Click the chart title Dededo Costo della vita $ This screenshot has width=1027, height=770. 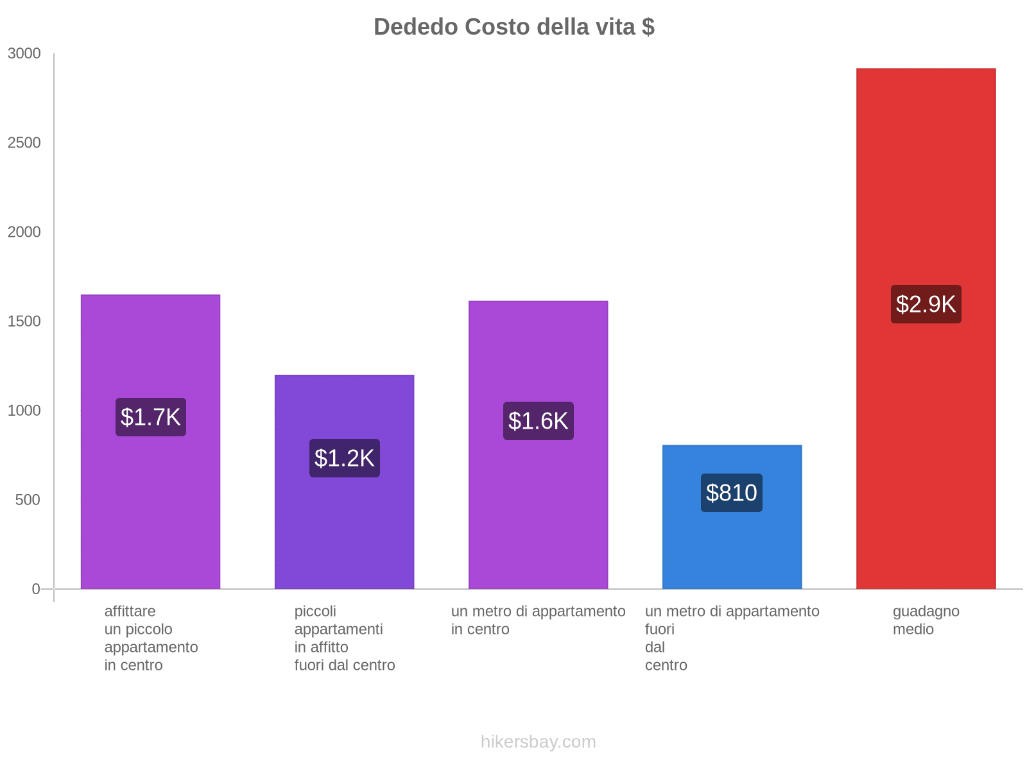pos(513,27)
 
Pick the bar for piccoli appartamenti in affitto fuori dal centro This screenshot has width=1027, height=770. pos(344,526)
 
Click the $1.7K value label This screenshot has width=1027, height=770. pos(151,417)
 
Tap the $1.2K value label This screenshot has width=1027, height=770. pos(345,458)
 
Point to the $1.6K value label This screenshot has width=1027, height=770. pos(539,421)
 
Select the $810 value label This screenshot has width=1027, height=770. pos(732,493)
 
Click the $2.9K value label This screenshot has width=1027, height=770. pos(926,304)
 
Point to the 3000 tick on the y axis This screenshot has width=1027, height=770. pos(24,54)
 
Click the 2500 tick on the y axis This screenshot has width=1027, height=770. pos(24,143)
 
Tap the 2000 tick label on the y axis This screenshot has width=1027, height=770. pos(24,232)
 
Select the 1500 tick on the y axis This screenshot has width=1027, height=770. pos(24,321)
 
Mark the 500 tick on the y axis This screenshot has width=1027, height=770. pos(28,500)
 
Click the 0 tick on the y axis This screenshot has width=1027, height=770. pos(36,589)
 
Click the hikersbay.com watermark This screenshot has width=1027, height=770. pos(538,742)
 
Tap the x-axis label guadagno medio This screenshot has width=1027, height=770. pos(926,620)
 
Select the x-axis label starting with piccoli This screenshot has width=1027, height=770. pos(344,638)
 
